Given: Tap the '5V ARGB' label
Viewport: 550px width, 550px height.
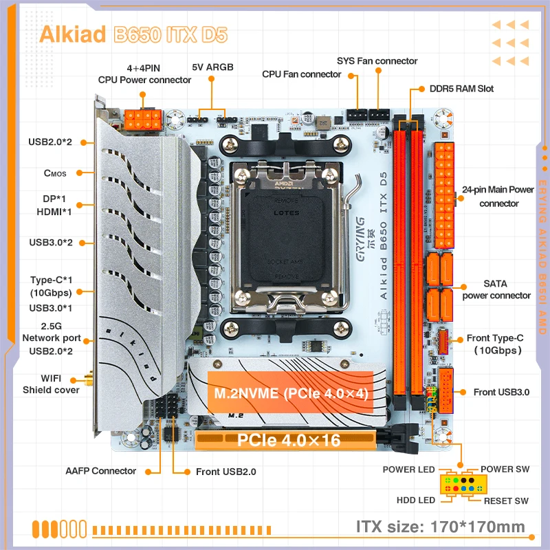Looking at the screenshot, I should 212,67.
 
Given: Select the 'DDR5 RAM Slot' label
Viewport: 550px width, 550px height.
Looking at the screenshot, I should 461,89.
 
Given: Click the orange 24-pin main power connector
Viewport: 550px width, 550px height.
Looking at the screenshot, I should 444,195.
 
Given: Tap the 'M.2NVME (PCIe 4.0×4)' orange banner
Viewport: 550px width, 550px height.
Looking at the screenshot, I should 289,393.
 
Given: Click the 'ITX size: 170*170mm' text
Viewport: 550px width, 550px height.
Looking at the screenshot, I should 440,527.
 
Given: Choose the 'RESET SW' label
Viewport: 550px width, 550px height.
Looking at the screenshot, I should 507,500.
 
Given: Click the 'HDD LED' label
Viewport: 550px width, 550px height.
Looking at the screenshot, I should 416,500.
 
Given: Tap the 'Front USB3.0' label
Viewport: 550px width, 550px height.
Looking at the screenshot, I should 501,392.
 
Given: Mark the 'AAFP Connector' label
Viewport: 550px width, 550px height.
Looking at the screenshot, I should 101,471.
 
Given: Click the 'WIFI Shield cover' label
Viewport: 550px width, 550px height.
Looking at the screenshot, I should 51,384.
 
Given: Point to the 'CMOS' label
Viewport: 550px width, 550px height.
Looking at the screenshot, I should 55,173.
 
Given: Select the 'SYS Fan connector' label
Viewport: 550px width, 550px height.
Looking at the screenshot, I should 377,60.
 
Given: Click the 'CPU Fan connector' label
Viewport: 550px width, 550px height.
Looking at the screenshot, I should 302,74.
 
